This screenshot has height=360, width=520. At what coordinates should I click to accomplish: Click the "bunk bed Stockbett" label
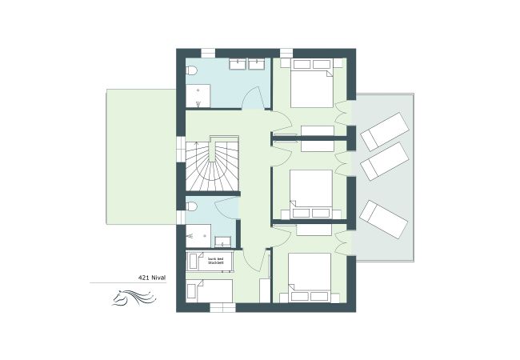[216, 261]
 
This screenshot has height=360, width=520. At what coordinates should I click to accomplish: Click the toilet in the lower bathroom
[193, 207]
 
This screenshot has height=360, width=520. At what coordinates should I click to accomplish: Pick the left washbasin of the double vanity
[238, 62]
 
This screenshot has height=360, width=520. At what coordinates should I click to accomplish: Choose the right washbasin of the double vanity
[258, 62]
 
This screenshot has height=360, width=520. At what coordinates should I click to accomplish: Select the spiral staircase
[213, 166]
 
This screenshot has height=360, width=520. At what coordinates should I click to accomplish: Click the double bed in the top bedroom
[311, 84]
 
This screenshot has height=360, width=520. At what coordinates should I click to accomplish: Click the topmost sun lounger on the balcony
[384, 130]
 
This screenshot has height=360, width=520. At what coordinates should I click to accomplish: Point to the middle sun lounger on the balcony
[385, 162]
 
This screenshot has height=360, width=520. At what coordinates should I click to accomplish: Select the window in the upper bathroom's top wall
[206, 53]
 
